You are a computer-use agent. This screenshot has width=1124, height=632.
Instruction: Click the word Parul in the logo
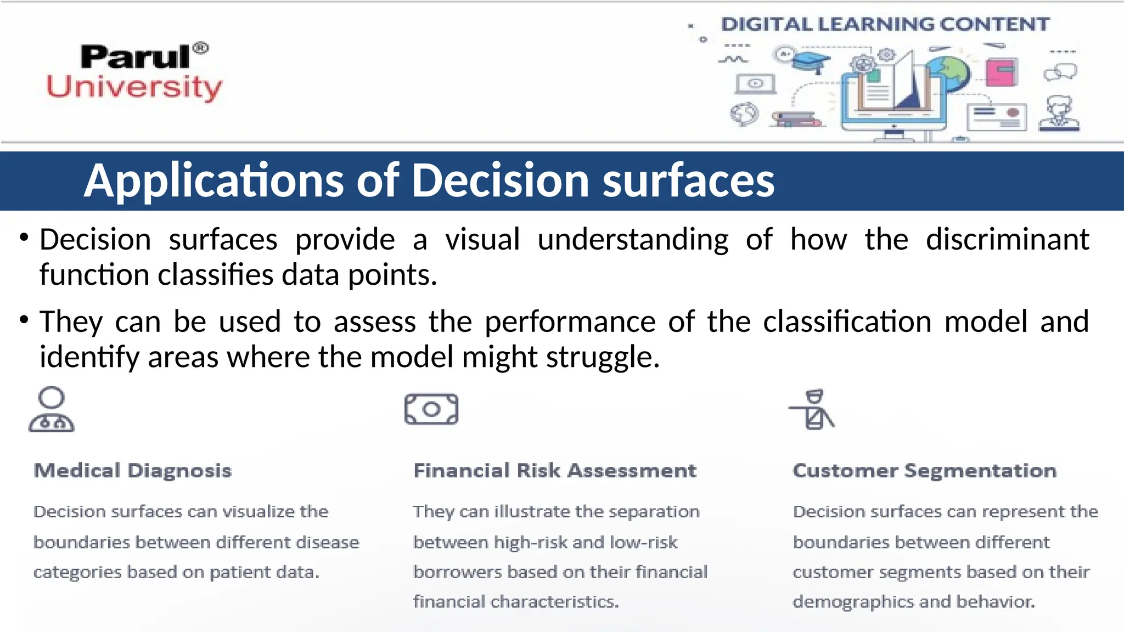click(x=134, y=57)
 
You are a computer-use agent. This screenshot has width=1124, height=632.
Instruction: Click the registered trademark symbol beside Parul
click(x=201, y=48)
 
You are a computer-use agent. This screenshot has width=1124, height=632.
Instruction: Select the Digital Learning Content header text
click(x=885, y=24)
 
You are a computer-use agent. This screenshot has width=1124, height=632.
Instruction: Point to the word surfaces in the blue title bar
click(x=688, y=181)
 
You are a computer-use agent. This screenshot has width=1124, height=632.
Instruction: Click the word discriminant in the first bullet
click(x=1007, y=240)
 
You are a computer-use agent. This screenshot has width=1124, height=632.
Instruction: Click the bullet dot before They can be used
click(x=24, y=319)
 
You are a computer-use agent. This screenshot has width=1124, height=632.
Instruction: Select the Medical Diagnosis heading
click(x=133, y=471)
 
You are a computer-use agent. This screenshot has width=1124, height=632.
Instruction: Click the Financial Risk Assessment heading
click(x=555, y=471)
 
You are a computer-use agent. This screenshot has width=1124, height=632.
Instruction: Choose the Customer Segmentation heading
click(x=925, y=471)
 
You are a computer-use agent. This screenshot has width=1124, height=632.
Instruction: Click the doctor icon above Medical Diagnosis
click(x=52, y=410)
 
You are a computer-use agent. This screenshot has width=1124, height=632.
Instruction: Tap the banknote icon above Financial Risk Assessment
click(x=431, y=409)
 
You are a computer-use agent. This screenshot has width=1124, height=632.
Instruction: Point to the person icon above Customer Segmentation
click(x=813, y=410)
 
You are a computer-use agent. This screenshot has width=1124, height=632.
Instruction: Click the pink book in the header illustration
click(x=1002, y=71)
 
